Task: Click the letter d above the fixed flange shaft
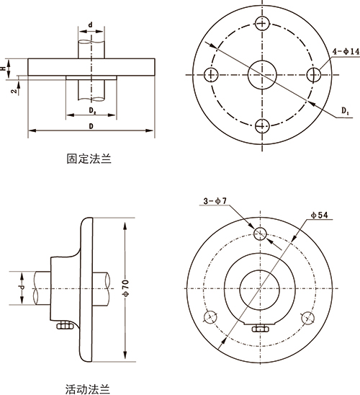coord(90,25)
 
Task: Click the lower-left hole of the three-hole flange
coord(211,317)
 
